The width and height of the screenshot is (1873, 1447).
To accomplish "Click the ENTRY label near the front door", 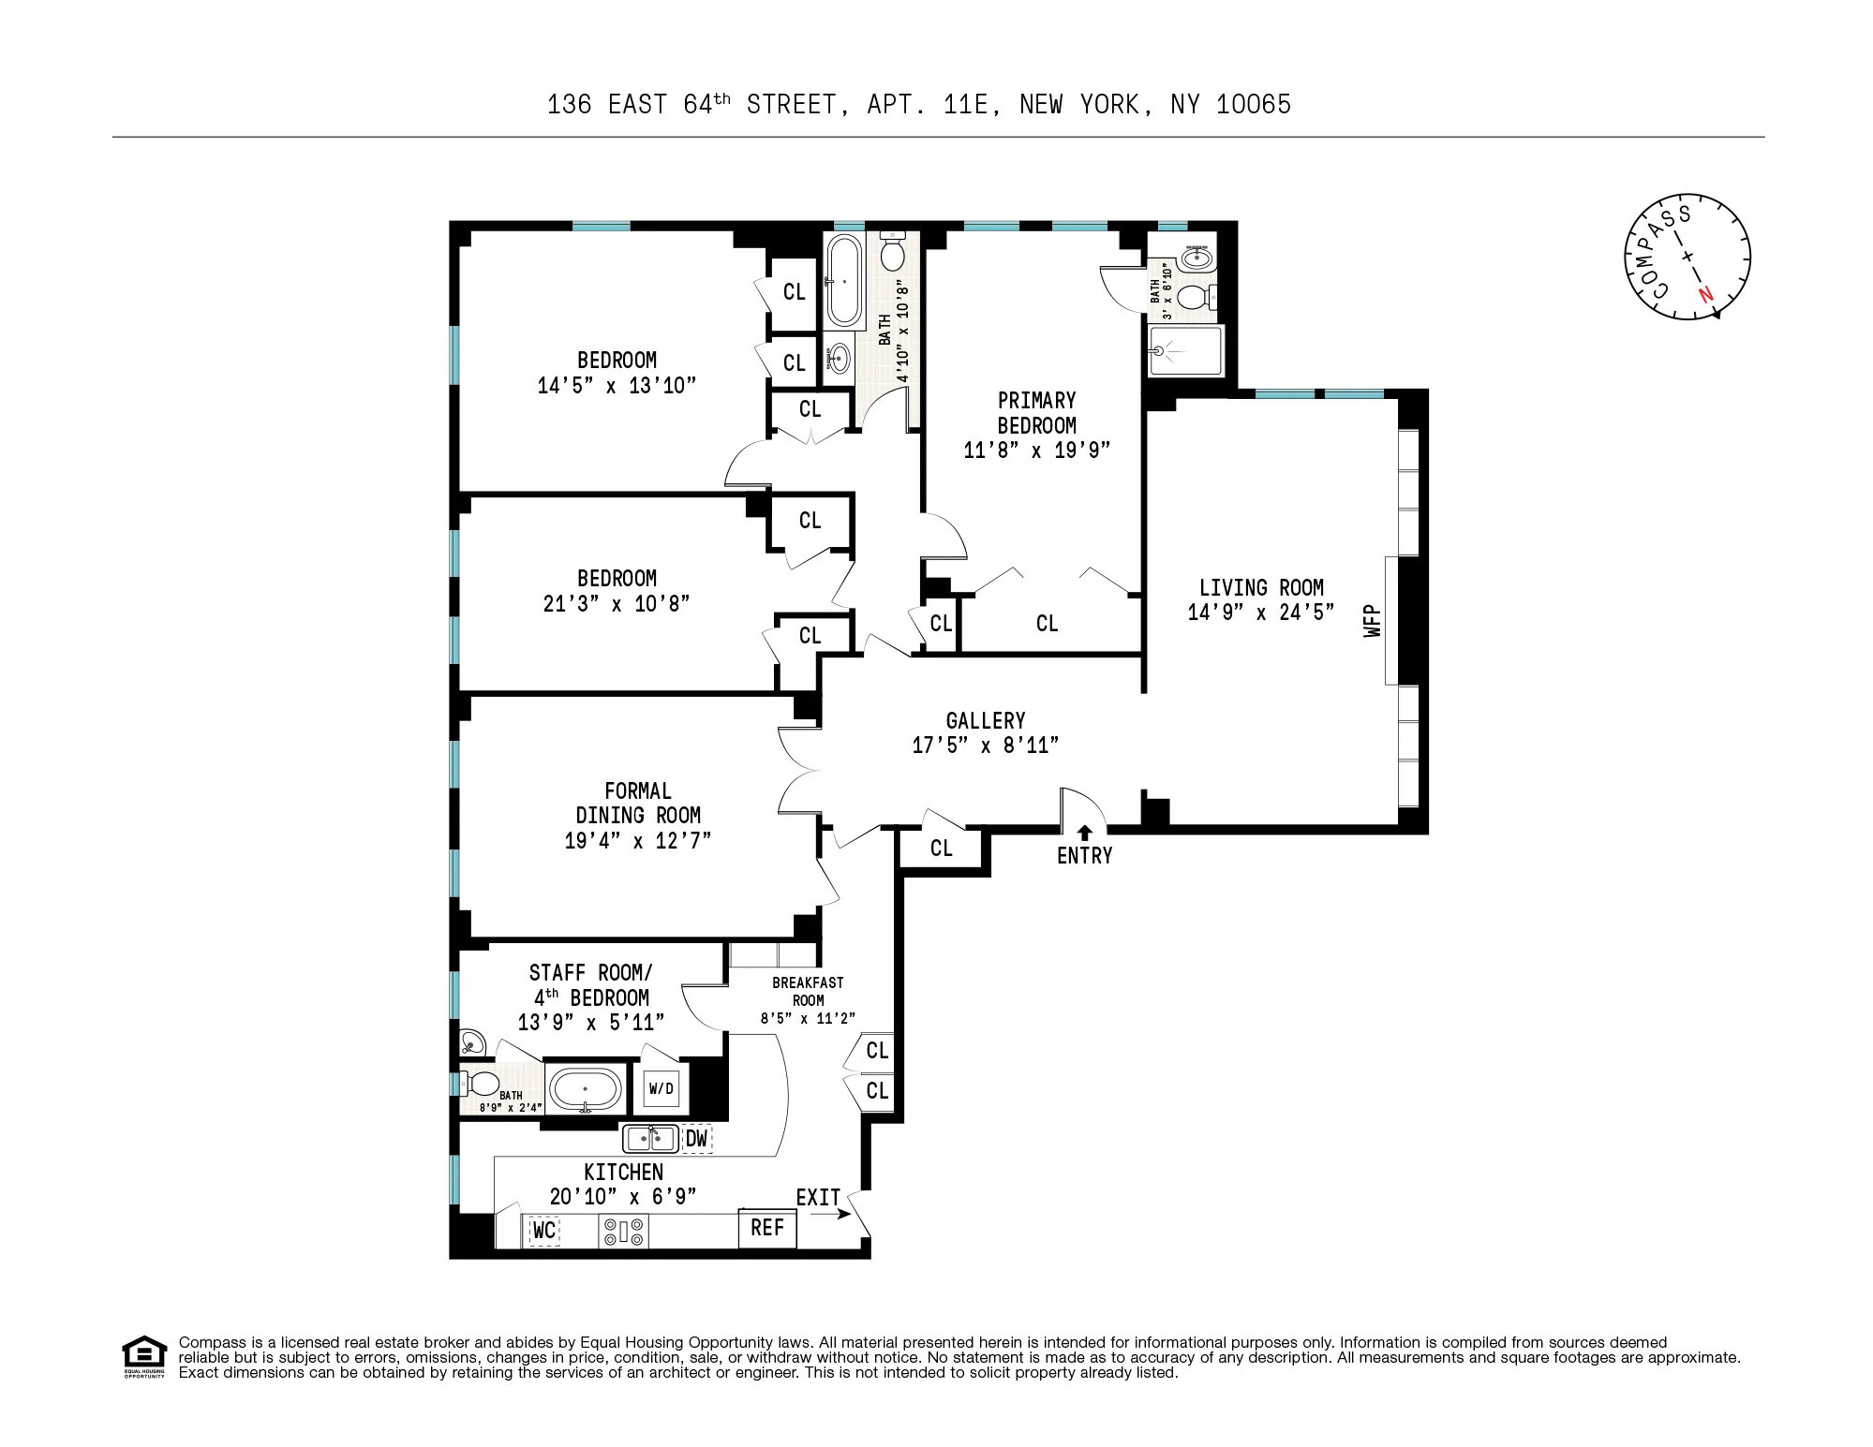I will coord(1084,855).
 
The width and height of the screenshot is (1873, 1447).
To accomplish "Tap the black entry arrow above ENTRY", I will coord(1085,832).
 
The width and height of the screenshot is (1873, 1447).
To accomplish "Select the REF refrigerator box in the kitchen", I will coord(767,1228).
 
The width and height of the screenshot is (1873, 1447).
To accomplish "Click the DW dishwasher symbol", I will coord(696,1139).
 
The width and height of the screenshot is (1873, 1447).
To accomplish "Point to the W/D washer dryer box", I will coord(661,1088).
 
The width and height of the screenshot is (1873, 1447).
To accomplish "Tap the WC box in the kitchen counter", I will coord(544,1230).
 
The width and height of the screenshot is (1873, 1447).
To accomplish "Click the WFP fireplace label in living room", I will coord(1374,621).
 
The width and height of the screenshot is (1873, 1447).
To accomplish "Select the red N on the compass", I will coord(1705,294).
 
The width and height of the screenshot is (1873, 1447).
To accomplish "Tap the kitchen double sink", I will coord(650,1139).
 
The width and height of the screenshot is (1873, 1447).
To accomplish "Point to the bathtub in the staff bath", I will coord(585,1089).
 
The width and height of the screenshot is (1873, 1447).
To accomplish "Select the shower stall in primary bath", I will coord(1185,350).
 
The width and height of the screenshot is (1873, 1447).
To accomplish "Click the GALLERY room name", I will coord(985,720).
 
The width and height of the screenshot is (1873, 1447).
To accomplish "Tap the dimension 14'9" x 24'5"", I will coord(1260,613).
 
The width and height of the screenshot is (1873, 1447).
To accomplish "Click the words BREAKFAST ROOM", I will coord(808,991).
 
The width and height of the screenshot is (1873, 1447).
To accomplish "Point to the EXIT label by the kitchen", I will coord(817,1198).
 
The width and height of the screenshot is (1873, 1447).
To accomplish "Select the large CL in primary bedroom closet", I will coord(1047,624).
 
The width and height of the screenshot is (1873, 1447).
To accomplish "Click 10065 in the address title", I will coord(1253,105).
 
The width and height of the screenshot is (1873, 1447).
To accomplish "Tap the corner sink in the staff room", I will coord(471,1041).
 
